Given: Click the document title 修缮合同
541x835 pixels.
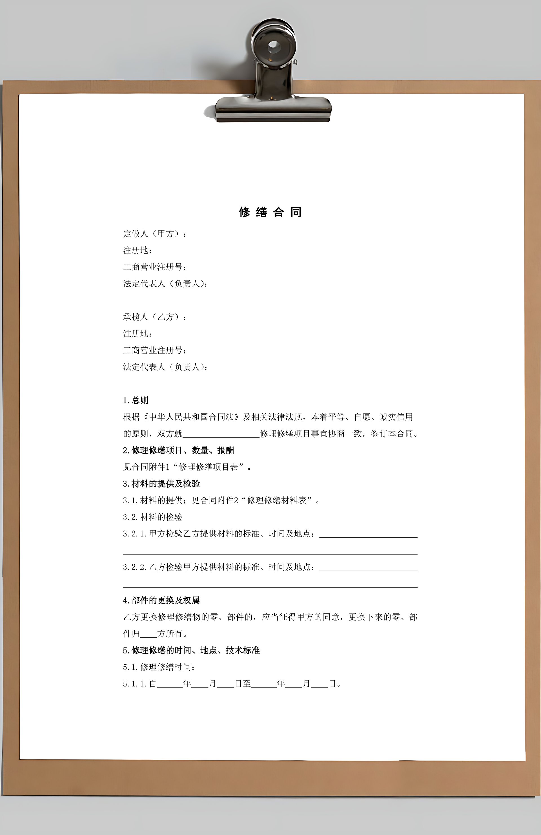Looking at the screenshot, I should pos(270,212).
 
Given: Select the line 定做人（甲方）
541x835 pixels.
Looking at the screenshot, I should pos(154,234).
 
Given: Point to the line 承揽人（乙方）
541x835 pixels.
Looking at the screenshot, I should pos(154,317).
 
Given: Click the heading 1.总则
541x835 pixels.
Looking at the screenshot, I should pos(136,400).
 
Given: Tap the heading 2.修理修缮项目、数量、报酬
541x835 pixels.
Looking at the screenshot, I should pos(178,450).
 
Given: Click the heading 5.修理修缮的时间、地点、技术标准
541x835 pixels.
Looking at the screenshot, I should pos(191,650).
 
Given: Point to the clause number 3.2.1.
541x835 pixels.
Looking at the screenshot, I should pos(134,534).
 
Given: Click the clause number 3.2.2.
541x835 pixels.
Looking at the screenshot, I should pos(134,567).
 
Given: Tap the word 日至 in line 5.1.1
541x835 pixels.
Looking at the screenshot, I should pos(243,684).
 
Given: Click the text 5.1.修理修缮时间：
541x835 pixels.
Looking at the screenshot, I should pos(159,667).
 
